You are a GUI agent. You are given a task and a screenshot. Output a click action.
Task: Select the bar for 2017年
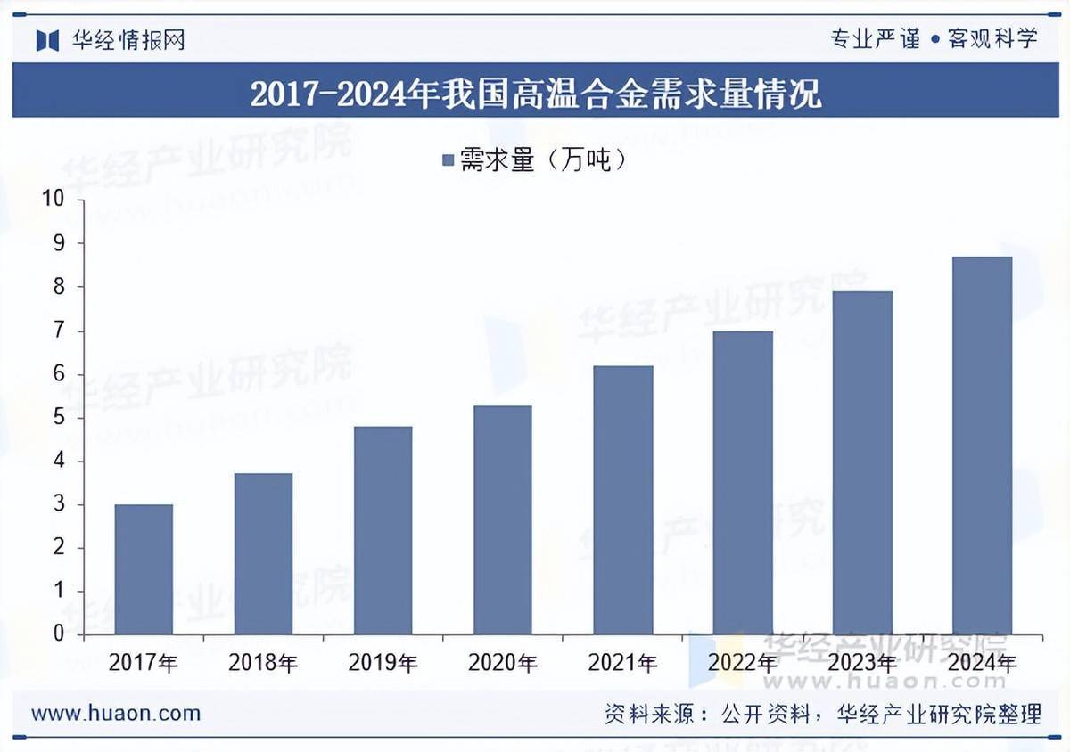(x=144, y=569)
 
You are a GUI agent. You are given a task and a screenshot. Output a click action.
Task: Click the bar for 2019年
(x=383, y=530)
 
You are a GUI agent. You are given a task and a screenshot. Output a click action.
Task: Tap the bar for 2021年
(x=622, y=500)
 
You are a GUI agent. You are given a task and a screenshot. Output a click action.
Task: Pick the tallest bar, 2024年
(x=982, y=445)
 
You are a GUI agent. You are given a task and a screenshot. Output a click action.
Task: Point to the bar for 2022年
(x=743, y=482)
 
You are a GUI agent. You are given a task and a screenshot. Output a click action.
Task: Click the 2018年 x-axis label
(x=263, y=663)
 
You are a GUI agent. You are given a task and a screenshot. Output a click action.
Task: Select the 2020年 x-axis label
(x=503, y=663)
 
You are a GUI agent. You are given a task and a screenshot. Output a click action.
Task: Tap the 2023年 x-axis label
(x=862, y=663)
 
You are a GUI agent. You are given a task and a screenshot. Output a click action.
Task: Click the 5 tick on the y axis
(x=58, y=417)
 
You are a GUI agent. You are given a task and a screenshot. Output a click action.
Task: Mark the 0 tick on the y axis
(x=58, y=634)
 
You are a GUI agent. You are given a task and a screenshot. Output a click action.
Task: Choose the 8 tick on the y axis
(x=58, y=287)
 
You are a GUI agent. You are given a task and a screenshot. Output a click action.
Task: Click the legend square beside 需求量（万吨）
(x=448, y=160)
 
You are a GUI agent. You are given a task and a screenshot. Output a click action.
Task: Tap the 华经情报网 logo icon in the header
(x=47, y=40)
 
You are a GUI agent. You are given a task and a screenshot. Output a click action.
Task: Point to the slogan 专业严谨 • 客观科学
(x=934, y=39)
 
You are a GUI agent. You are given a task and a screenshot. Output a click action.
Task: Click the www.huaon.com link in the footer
(x=116, y=713)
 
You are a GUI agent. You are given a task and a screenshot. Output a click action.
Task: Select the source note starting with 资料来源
(x=822, y=713)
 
